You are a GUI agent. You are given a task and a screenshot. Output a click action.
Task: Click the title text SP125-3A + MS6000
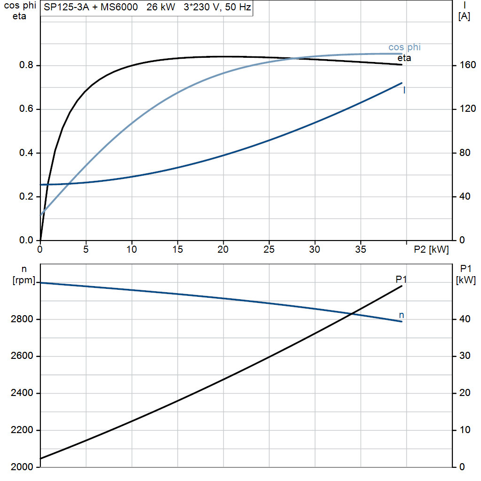pos(91,7)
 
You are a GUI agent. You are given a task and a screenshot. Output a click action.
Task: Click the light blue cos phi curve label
pos(404,47)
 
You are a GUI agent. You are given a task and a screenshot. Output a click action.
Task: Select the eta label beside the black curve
pos(404,58)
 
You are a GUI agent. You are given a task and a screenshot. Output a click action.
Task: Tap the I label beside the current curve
pos(404,90)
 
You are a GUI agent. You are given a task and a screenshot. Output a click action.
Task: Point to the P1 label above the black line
pos(401,279)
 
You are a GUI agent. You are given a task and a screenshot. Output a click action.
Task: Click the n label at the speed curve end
pos(402,315)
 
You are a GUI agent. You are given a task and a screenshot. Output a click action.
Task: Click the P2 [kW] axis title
pos(431,249)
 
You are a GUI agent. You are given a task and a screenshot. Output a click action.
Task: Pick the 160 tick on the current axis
pos(467,65)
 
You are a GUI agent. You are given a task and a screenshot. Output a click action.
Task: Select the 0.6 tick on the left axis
pos(26,109)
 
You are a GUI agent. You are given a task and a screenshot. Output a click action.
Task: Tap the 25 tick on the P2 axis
pos(269,249)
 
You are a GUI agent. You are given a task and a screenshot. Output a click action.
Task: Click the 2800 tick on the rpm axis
pos(22,319)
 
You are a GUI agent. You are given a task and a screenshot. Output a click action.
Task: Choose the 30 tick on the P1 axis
pos(465,356)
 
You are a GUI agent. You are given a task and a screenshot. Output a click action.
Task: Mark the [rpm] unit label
pos(24,280)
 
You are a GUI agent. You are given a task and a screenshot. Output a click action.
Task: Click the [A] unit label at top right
pos(464,16)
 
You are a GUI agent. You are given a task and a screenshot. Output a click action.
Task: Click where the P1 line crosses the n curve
pos(352,313)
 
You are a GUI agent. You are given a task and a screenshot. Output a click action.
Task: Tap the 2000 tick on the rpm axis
pos(22,467)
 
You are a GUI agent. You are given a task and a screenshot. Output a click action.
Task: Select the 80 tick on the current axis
pos(465,153)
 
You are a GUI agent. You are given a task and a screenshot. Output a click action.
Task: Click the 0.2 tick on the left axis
pos(26,196)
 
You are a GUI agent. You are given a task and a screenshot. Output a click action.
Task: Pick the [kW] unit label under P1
pos(465,280)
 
